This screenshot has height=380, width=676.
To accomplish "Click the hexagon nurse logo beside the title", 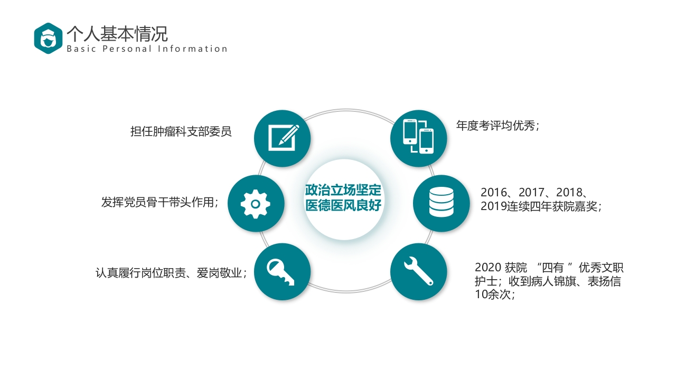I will [x=48, y=39].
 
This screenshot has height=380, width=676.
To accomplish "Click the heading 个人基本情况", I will [x=117, y=33].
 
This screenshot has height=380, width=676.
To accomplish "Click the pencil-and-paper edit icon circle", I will [x=282, y=138].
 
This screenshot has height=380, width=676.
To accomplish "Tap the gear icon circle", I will [x=256, y=203].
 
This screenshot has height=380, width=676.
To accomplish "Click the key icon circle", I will [x=282, y=271].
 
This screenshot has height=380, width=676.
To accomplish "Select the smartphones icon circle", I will [x=418, y=138].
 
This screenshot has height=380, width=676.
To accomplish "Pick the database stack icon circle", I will [x=441, y=203].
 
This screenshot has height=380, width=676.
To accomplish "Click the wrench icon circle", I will [x=418, y=271].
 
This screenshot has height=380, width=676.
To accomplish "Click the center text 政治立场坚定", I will [x=343, y=190].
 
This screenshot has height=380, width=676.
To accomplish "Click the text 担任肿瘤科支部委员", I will [x=181, y=131].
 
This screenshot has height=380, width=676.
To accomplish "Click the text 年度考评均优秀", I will [x=496, y=126].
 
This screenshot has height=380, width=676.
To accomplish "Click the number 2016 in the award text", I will [x=493, y=193].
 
